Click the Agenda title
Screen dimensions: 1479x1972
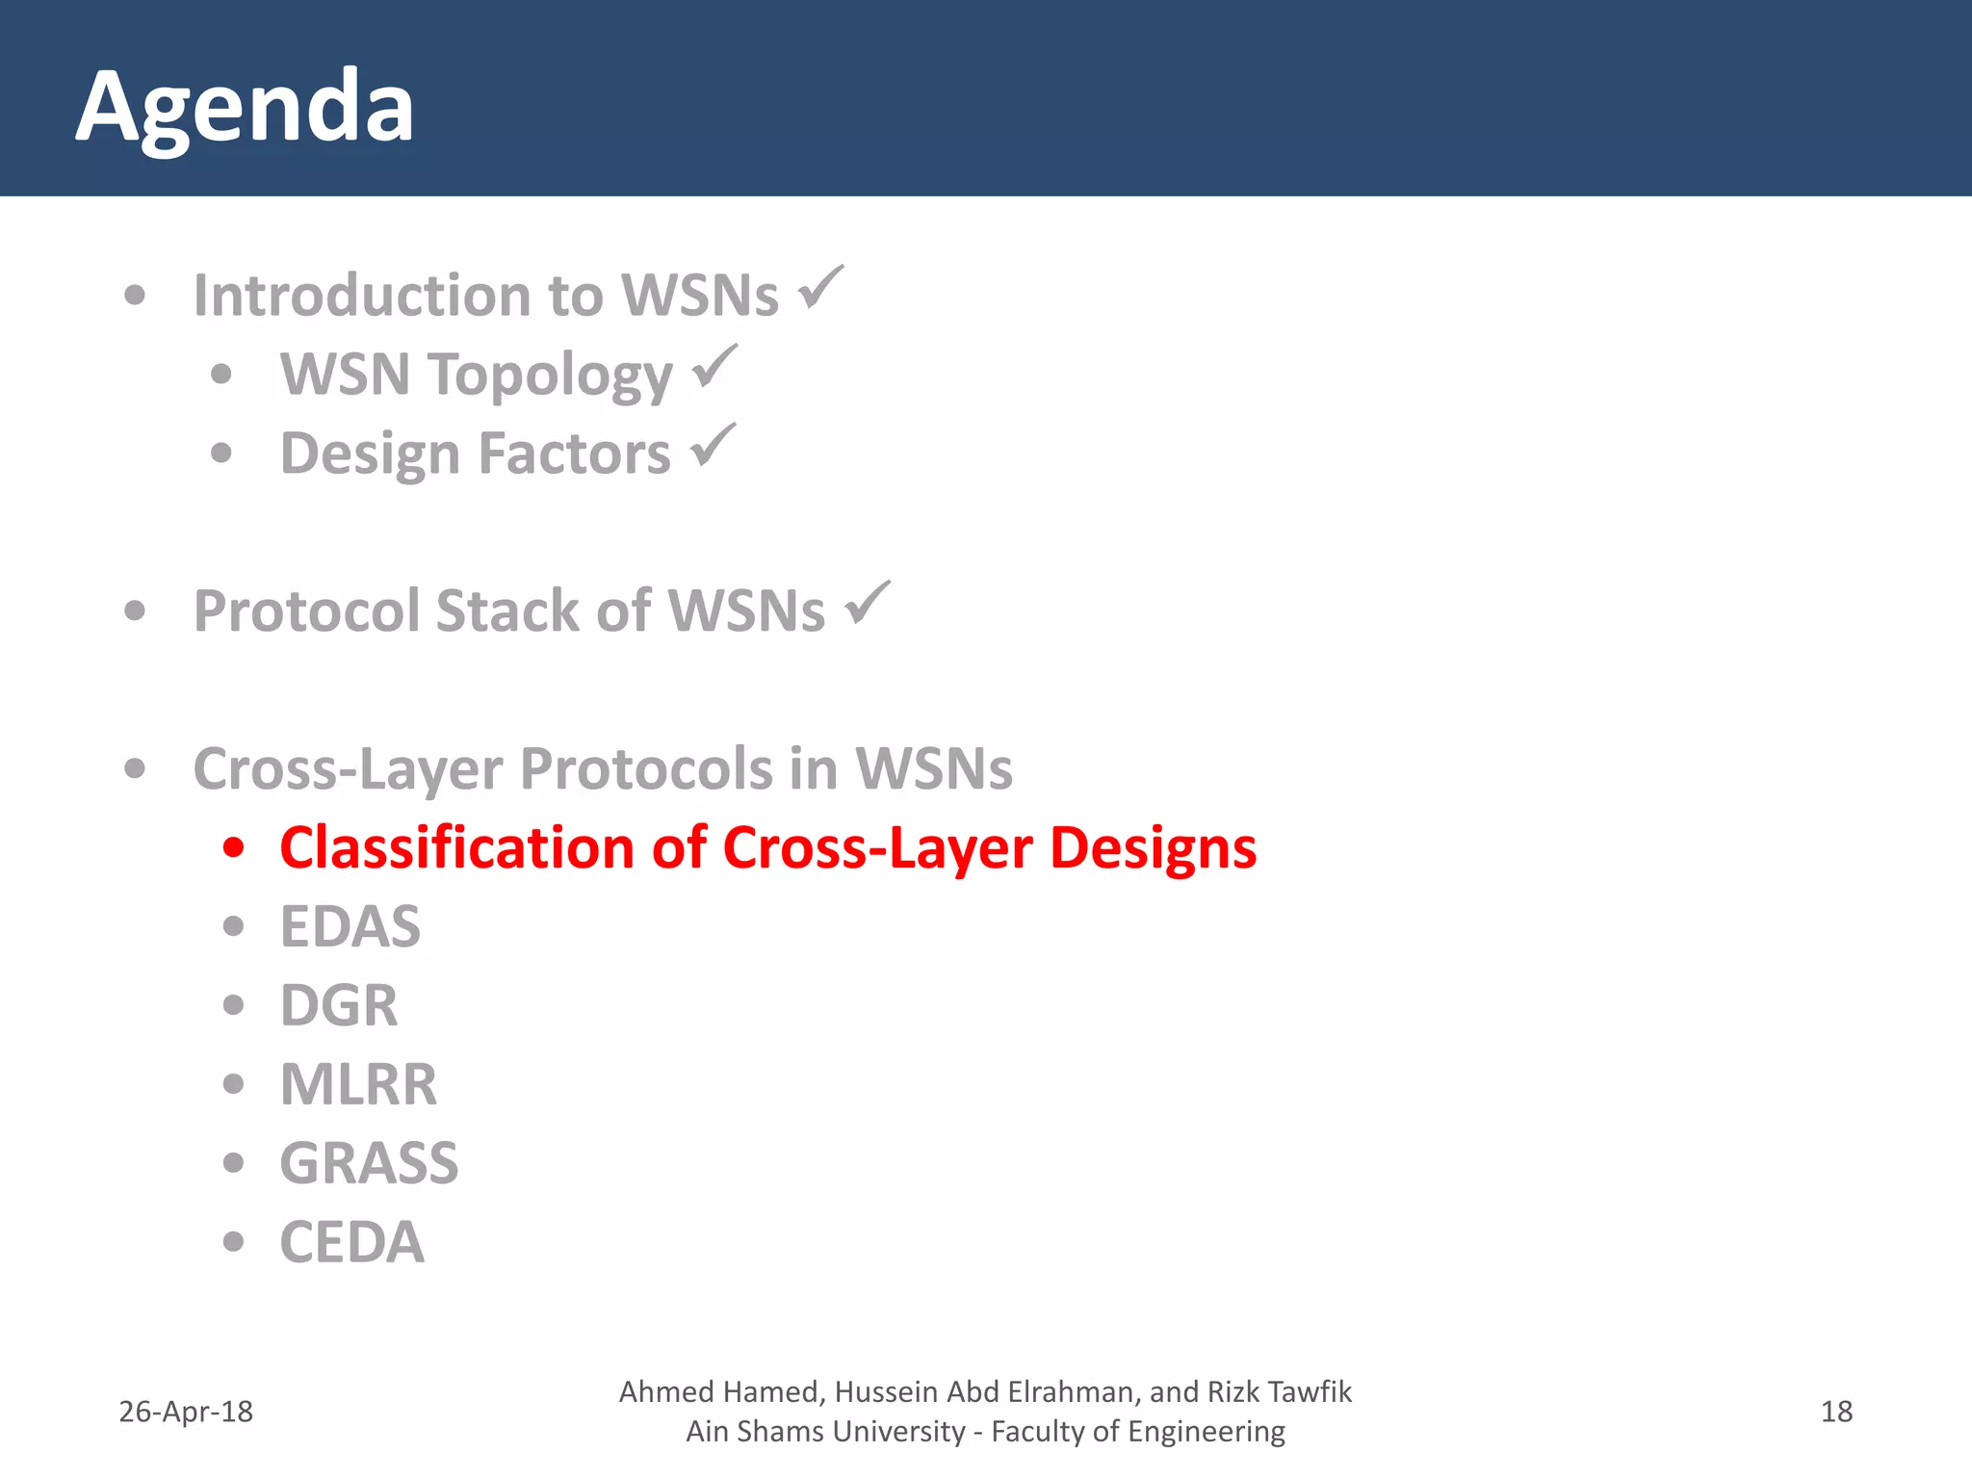pos(245,107)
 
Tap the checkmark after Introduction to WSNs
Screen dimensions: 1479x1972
pos(820,288)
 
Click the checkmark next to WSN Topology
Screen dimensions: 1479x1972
pos(714,367)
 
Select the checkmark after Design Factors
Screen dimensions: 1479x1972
pos(714,446)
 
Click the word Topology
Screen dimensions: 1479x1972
pos(551,375)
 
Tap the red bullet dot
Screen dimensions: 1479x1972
pos(233,847)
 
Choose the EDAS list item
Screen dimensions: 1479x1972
pos(350,926)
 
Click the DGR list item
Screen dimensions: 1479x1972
pos(338,1005)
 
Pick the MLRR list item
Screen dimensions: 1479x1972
pos(358,1084)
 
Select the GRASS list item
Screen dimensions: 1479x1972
pos(369,1163)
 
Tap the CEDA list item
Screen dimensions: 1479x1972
pos(351,1242)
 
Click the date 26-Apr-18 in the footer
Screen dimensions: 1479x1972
pos(185,1412)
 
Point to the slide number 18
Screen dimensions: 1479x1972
pos(1836,1412)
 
